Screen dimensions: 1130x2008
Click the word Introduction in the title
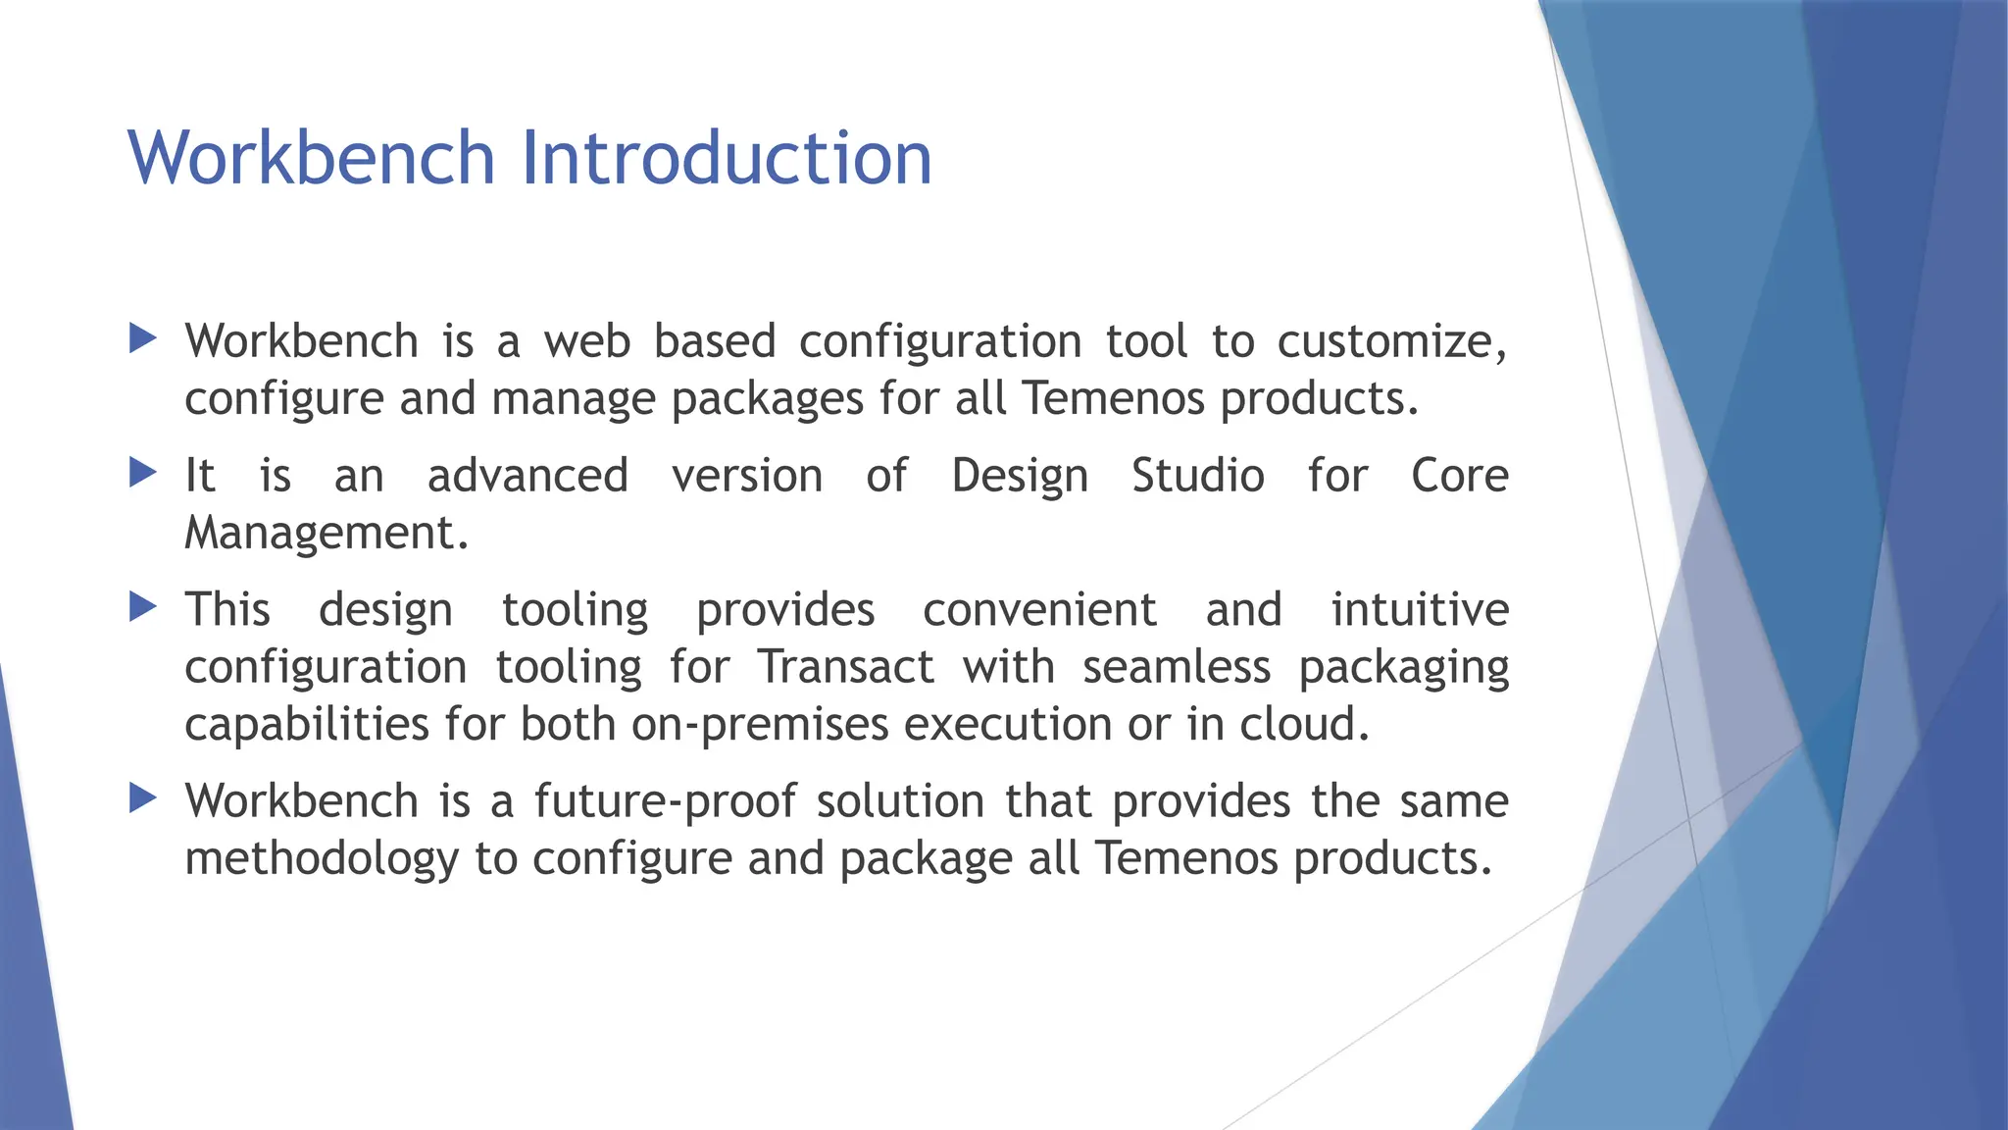(726, 157)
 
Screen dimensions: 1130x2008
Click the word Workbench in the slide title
(311, 157)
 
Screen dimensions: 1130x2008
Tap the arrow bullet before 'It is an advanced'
(143, 474)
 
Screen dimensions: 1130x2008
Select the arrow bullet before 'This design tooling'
(143, 607)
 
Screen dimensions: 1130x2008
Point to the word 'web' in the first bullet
(587, 341)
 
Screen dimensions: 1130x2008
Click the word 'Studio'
(1198, 476)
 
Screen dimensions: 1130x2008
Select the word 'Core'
(1459, 476)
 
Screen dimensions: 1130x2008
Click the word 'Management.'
(326, 534)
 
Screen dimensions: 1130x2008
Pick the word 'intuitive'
(1419, 609)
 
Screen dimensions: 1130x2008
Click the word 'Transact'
(845, 667)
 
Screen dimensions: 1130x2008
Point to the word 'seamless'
(1177, 667)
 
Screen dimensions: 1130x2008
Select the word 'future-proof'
(664, 801)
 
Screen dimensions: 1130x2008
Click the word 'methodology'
(322, 859)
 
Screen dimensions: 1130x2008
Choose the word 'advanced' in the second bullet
(527, 476)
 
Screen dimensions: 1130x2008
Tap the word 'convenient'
(1039, 609)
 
